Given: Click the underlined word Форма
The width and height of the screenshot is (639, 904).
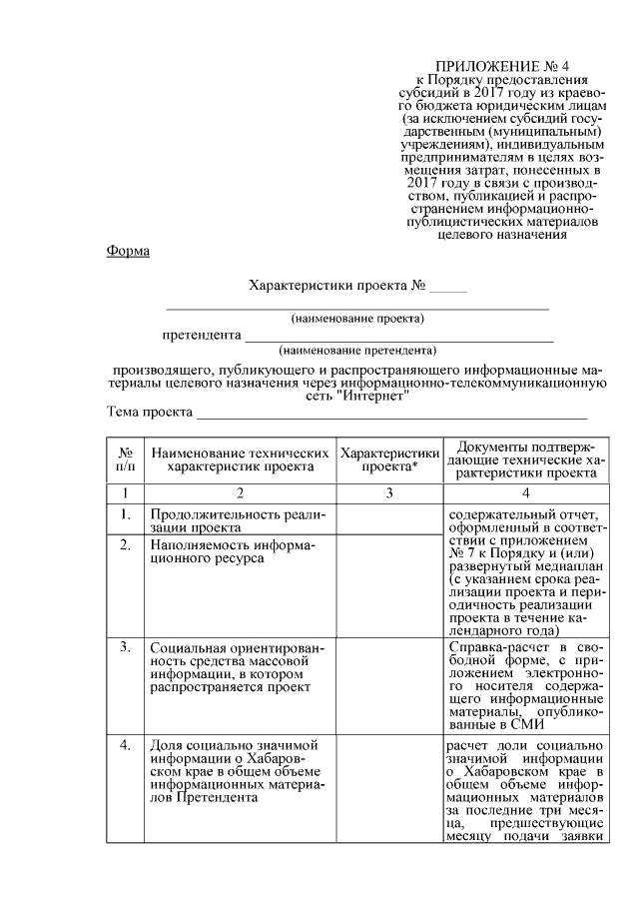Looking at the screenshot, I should coord(128,251).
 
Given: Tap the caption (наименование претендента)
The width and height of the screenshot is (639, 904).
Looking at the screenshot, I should coord(357,351).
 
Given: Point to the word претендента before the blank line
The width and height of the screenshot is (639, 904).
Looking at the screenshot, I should coord(203,335).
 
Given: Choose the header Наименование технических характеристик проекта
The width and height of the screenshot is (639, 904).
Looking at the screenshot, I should coord(241,458).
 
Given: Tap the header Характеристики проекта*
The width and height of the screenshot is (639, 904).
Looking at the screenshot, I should coord(389,458).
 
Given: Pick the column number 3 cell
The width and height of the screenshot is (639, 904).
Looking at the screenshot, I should coord(389,492).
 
